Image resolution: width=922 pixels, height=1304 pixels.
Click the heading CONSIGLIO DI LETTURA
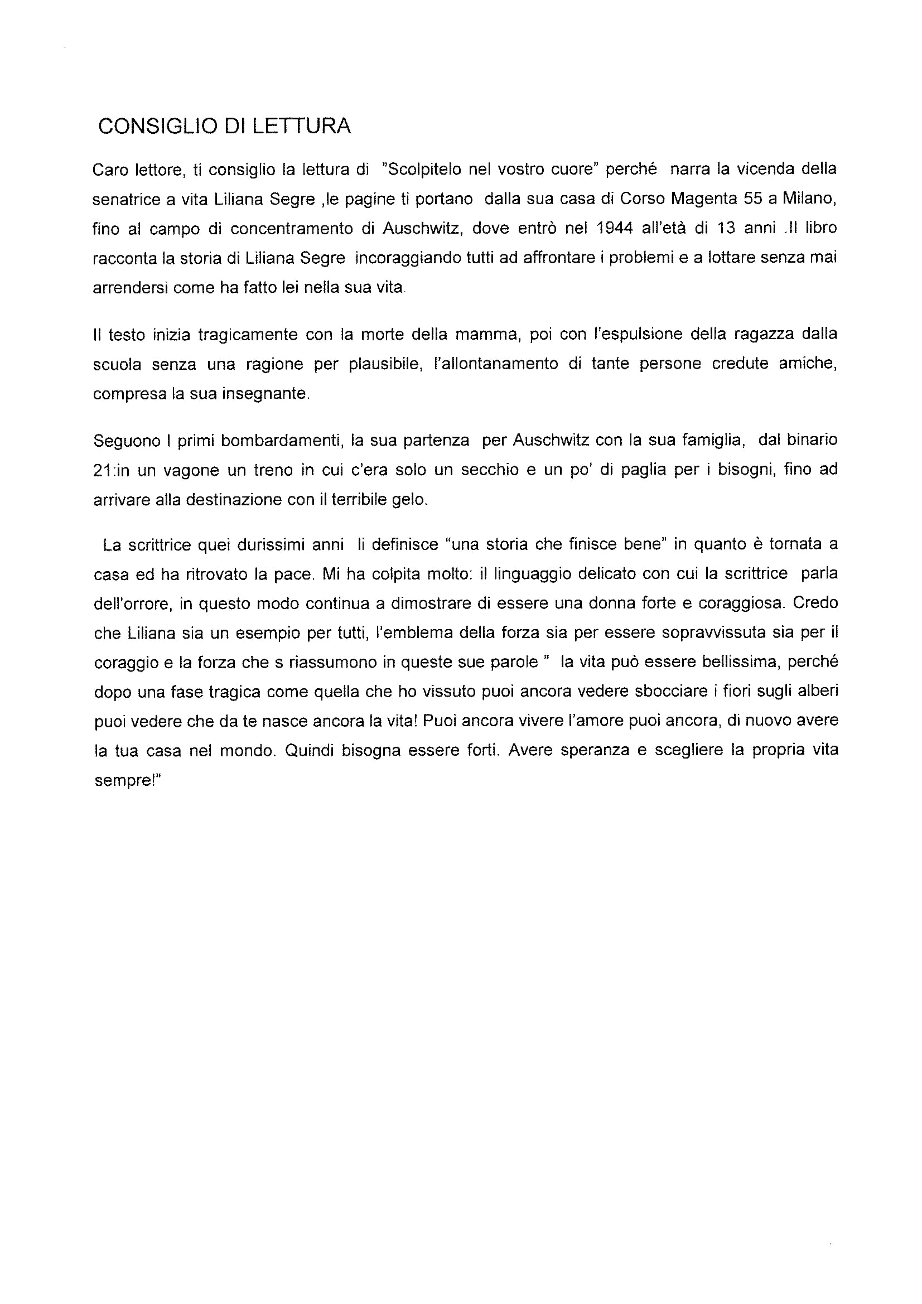(x=224, y=126)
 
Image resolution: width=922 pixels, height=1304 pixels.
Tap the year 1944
(x=615, y=228)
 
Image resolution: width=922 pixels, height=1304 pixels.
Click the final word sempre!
(x=128, y=781)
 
